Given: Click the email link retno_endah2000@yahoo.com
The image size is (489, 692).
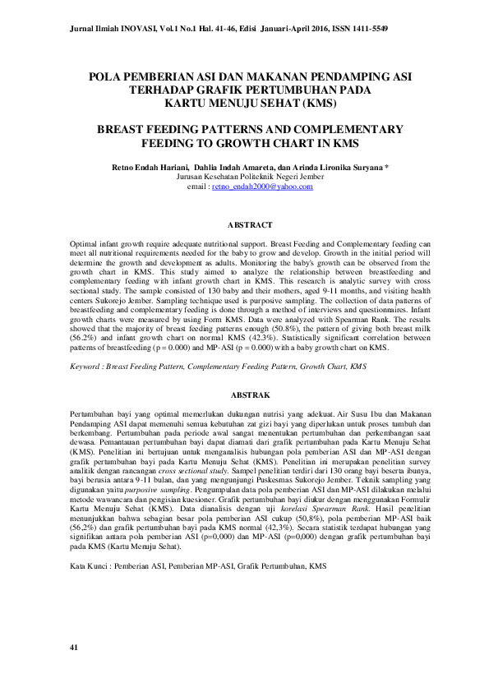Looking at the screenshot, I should (262, 187).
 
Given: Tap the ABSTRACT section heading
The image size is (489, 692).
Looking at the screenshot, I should (249, 224).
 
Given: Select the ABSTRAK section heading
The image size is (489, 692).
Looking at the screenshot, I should (249, 395).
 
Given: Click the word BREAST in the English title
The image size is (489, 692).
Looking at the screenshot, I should (125, 130).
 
